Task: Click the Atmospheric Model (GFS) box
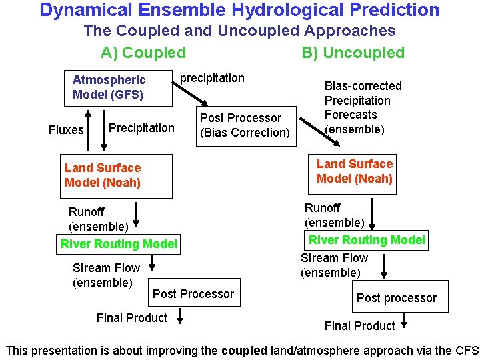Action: coord(117,87)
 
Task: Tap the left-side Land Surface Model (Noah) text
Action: coord(103,175)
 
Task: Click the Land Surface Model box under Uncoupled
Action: coord(354,171)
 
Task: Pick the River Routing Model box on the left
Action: coord(119,244)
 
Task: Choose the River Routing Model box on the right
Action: coord(367,240)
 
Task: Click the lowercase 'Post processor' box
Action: coord(397,298)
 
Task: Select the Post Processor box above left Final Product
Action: coord(193,294)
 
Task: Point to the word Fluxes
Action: coord(66,130)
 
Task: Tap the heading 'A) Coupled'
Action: coord(143,53)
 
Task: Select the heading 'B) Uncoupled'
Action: coord(353,53)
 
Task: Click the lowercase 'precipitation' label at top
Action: coord(213,78)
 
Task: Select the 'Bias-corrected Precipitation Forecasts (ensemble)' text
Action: coord(363,107)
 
